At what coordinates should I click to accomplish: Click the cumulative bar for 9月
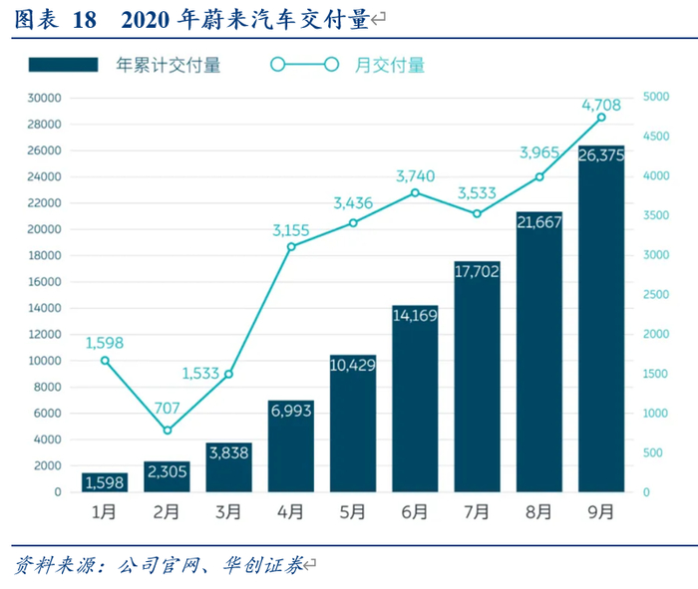point(601,319)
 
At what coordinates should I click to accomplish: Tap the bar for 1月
point(105,482)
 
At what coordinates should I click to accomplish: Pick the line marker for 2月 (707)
point(168,431)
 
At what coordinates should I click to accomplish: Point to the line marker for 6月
point(415,192)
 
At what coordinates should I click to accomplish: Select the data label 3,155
point(291,230)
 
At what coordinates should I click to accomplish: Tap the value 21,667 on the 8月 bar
point(539,223)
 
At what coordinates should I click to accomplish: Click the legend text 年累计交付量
point(169,66)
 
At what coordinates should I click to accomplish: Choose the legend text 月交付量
point(390,66)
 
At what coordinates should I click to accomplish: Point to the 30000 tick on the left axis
point(45,98)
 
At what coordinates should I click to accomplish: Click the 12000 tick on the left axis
point(45,335)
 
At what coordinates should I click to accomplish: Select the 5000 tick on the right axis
point(656,98)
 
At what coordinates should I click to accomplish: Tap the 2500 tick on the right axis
point(656,295)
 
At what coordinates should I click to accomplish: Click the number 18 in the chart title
point(84,20)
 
